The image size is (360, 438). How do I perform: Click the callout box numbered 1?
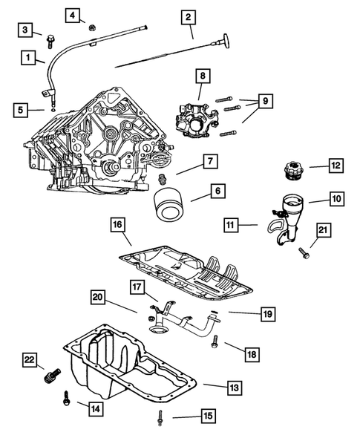coord(28,57)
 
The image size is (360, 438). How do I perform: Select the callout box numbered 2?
coord(187,16)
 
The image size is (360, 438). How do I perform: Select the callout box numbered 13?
coord(233,387)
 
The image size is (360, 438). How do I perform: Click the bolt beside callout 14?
coord(67,399)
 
